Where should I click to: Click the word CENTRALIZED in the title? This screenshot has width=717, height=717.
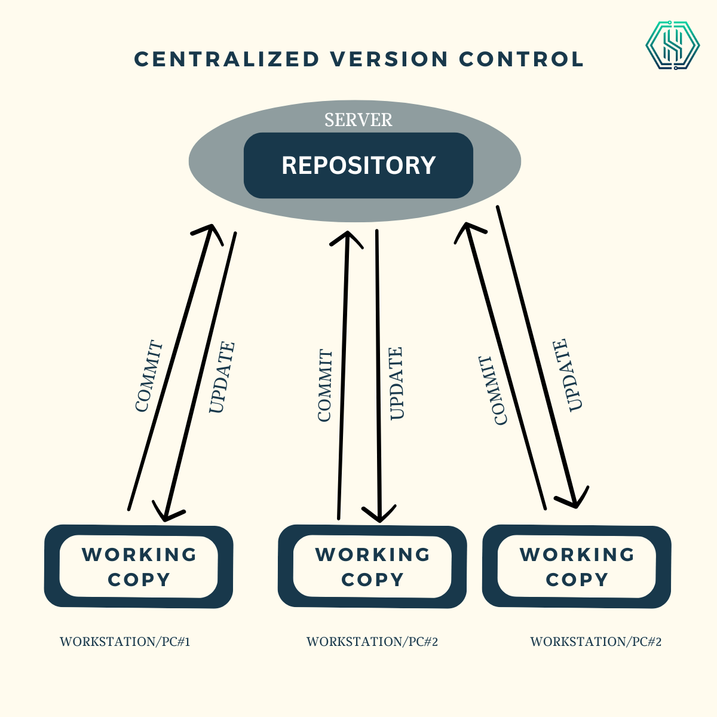pyautogui.click(x=227, y=59)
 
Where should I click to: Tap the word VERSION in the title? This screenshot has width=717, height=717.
pyautogui.click(x=389, y=59)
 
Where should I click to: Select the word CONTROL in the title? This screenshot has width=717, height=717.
pyautogui.click(x=521, y=59)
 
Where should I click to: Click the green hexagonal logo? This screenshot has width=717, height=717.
pyautogui.click(x=672, y=45)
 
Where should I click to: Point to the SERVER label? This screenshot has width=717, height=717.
pyautogui.click(x=358, y=120)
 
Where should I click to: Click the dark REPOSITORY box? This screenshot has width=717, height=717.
pyautogui.click(x=358, y=166)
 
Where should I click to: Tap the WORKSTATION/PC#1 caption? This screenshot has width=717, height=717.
pyautogui.click(x=125, y=642)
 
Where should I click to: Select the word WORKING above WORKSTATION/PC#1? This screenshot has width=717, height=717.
pyautogui.click(x=139, y=554)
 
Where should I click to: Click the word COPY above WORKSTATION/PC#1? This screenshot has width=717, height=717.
pyautogui.click(x=139, y=580)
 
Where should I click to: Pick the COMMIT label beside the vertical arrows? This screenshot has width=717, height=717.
pyautogui.click(x=324, y=386)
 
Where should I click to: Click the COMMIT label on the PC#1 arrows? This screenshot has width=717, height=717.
pyautogui.click(x=149, y=376)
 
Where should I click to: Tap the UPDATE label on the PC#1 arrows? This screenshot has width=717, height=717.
pyautogui.click(x=222, y=378)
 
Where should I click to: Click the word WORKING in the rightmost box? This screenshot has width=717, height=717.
pyautogui.click(x=577, y=554)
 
